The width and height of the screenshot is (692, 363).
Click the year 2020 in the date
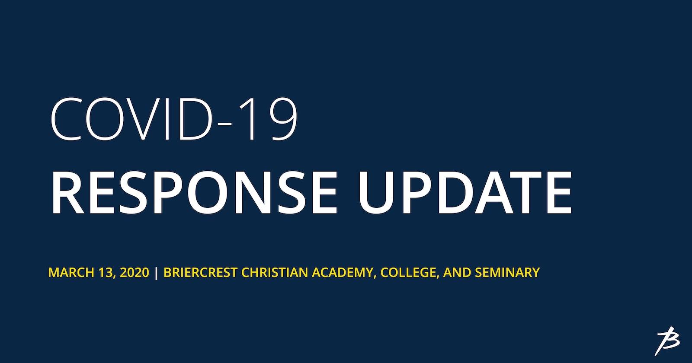(x=135, y=272)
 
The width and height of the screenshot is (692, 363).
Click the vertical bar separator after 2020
(x=156, y=273)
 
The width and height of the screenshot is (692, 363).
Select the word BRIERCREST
(x=201, y=272)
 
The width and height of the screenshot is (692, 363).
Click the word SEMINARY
(x=507, y=272)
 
